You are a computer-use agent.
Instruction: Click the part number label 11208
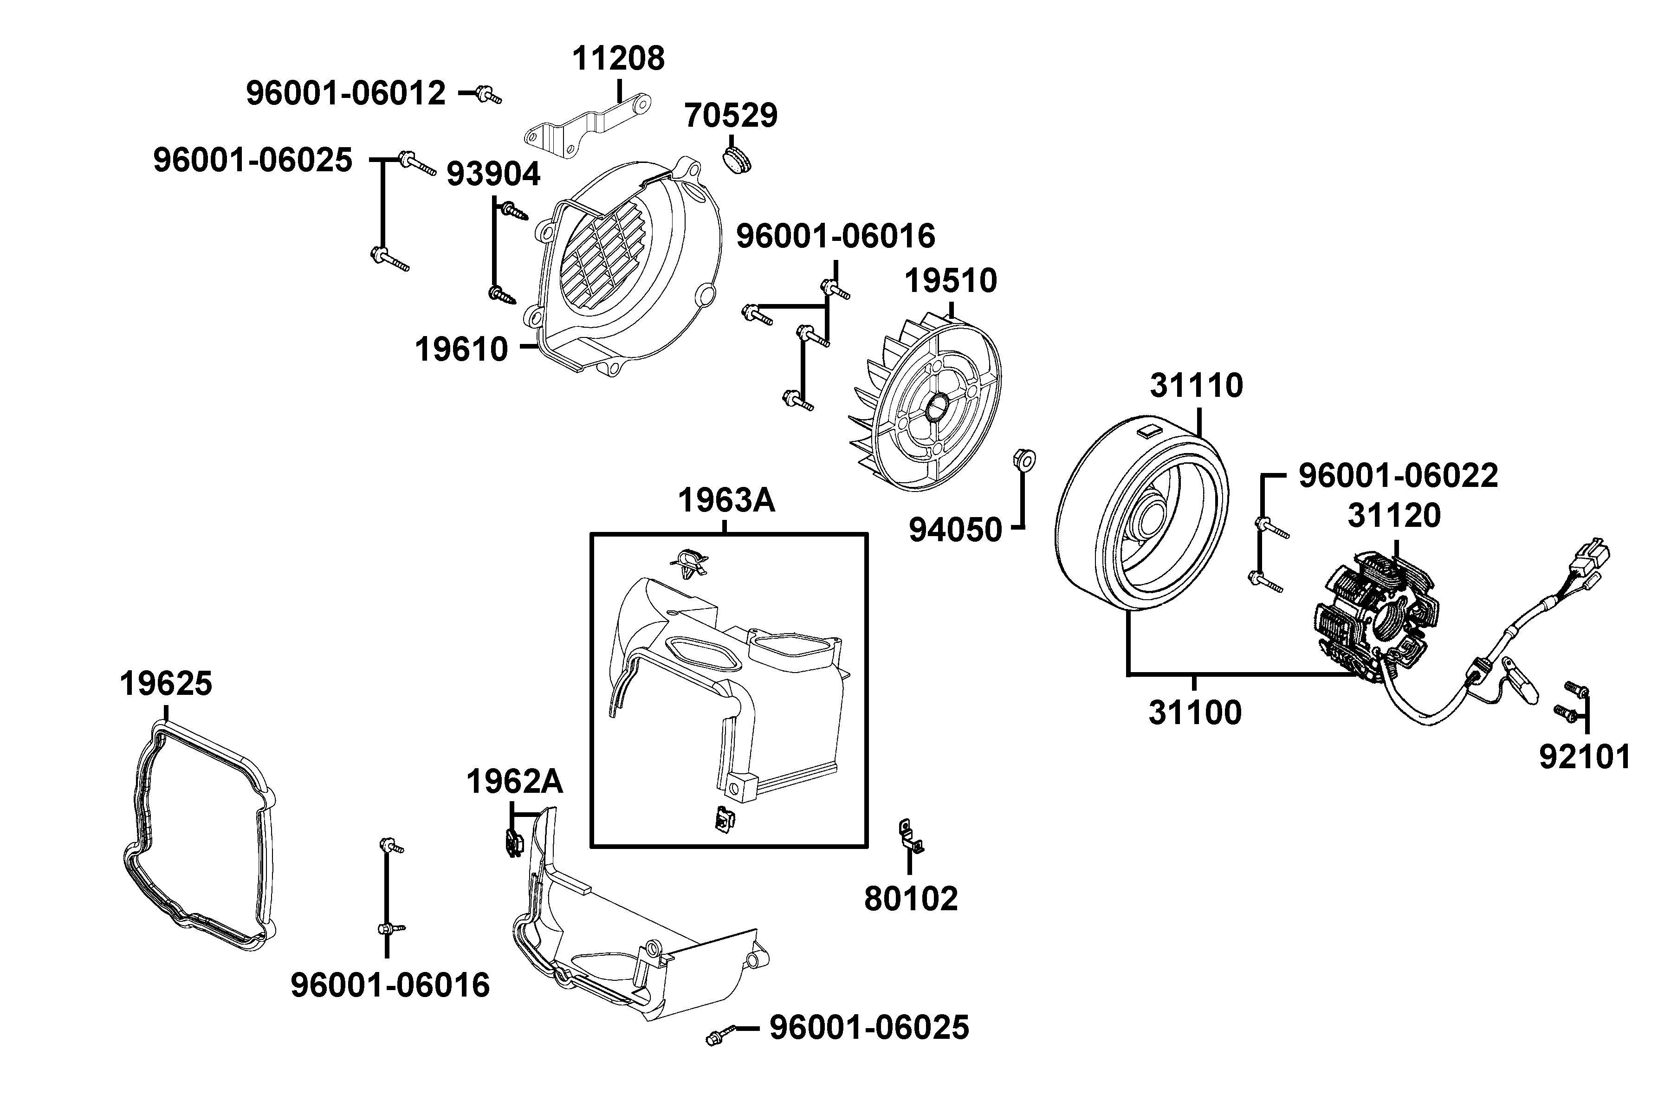coord(618,58)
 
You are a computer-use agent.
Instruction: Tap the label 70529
coord(731,115)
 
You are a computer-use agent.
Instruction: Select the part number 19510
coord(951,281)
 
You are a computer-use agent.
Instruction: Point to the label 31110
coord(1197,385)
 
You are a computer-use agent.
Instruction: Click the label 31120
coord(1394,515)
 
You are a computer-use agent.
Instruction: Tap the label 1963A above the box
coord(726,500)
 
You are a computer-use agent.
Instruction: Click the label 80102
coord(911,899)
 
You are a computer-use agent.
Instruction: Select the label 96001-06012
coord(346,93)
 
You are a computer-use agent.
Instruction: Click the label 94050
coord(956,530)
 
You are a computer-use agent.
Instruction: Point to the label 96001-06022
coord(1398,475)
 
